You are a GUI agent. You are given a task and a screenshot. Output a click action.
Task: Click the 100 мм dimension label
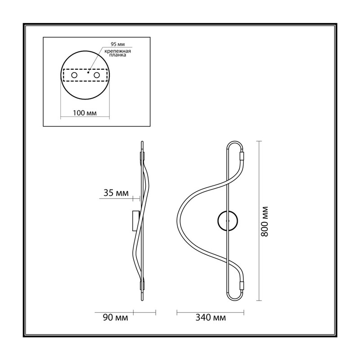tap(85, 113)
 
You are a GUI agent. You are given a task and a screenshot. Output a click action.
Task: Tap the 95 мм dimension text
tap(118, 44)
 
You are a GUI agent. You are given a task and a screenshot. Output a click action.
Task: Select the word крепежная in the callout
tap(117, 51)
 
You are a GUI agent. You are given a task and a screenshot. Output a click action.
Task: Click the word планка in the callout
tap(117, 55)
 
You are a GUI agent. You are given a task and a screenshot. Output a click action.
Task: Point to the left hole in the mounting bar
tap(74, 75)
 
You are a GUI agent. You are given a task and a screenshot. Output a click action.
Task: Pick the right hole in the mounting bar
tap(97, 75)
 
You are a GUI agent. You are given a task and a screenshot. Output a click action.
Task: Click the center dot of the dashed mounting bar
tap(88, 72)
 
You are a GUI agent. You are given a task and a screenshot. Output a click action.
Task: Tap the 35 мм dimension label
tap(116, 193)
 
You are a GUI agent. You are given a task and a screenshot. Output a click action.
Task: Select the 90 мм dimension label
tap(115, 318)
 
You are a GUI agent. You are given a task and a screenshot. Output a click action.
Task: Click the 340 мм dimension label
tap(211, 318)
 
